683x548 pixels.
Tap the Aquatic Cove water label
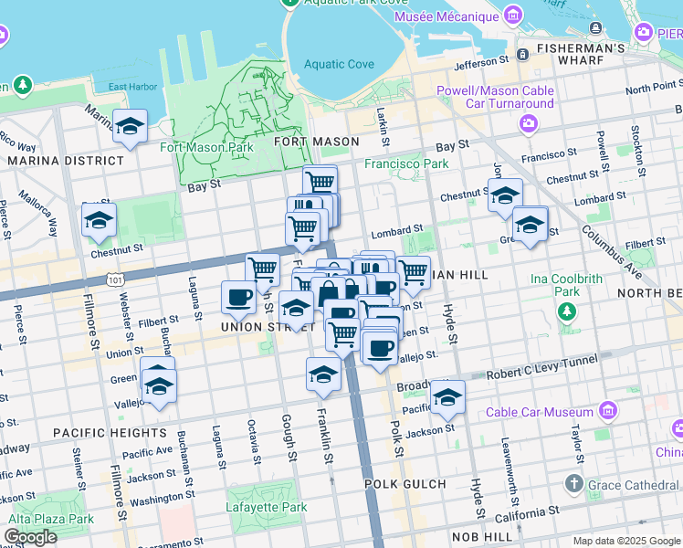click(339, 64)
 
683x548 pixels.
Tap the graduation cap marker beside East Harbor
click(131, 126)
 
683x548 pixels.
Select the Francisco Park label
click(407, 164)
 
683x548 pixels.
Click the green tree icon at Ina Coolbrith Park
click(567, 312)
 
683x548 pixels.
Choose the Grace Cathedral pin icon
click(573, 482)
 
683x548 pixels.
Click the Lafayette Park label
click(267, 507)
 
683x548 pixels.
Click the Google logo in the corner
click(30, 537)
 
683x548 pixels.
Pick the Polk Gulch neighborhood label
click(405, 484)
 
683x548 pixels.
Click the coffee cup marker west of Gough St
click(238, 297)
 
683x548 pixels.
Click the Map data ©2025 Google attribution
click(625, 541)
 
